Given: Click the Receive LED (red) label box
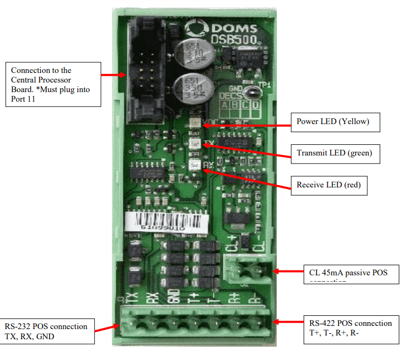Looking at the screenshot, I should click(x=328, y=185).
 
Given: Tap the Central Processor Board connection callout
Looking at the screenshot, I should click(x=53, y=84).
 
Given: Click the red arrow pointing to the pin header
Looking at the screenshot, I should click(x=114, y=75).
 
